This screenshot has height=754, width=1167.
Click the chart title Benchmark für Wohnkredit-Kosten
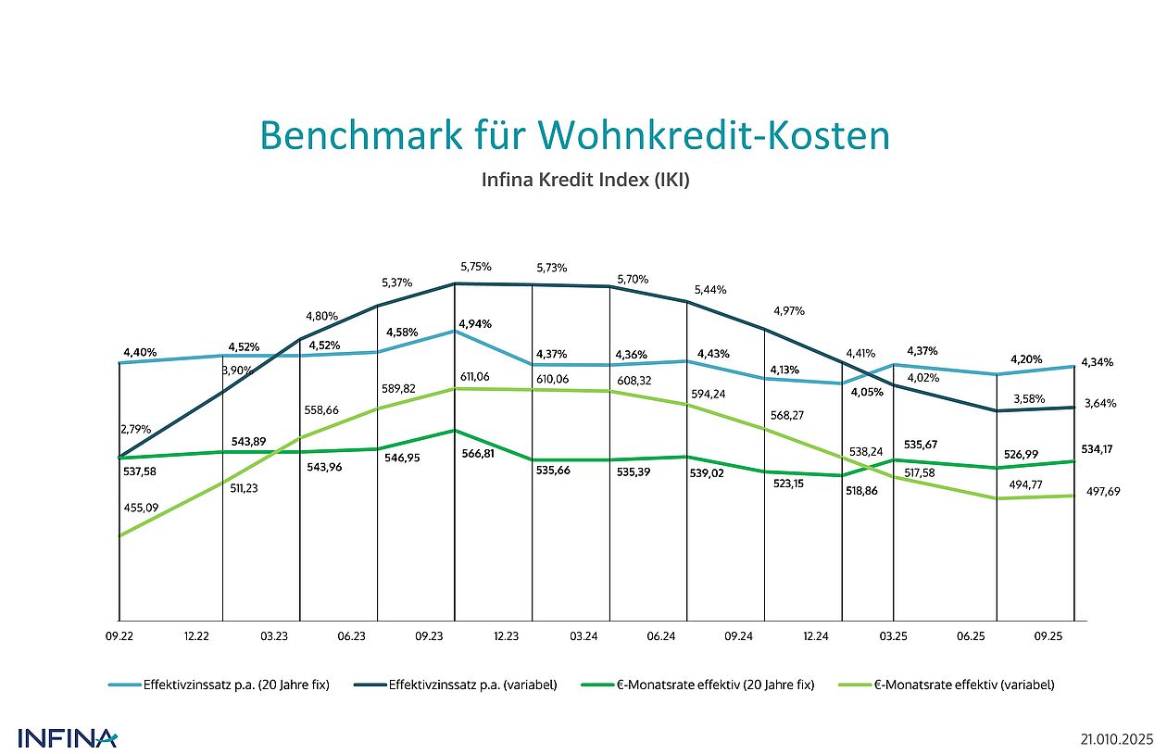[574, 135]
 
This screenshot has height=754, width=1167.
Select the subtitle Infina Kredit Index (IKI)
[584, 180]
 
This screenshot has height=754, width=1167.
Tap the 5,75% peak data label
[474, 267]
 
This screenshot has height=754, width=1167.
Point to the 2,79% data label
[136, 429]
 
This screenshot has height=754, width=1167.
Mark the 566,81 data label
[475, 454]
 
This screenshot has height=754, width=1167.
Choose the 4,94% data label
[474, 324]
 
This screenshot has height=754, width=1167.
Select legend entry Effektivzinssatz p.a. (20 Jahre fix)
[236, 685]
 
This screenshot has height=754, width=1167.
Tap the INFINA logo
[68, 738]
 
